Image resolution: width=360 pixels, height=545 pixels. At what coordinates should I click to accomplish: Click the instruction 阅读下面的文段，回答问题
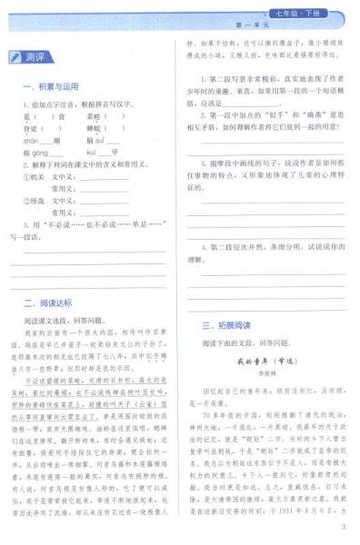[240, 343]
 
